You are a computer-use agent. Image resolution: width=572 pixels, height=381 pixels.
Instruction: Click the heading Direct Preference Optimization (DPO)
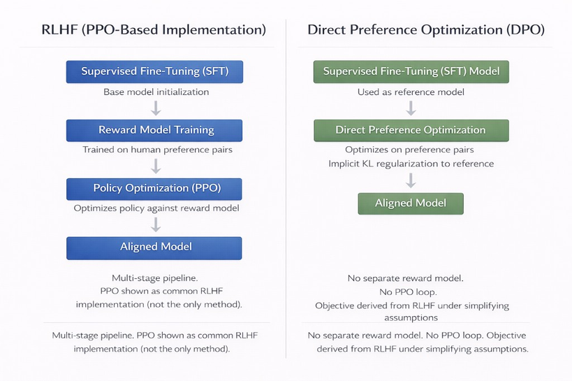(426, 30)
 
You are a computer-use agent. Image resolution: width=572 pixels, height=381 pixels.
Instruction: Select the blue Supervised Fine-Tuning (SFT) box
(154, 71)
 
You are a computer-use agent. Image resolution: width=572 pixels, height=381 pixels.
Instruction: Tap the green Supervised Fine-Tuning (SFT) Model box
(411, 71)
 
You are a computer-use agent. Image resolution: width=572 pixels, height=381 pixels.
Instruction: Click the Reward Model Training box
(154, 130)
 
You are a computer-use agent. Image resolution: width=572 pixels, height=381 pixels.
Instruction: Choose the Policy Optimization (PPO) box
(154, 189)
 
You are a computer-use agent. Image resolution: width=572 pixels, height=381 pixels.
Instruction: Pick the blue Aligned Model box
(154, 247)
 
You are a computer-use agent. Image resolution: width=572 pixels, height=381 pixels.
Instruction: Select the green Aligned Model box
(411, 203)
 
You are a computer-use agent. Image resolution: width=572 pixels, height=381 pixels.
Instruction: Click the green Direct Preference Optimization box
(411, 130)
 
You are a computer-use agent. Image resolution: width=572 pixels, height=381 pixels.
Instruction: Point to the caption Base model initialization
(156, 92)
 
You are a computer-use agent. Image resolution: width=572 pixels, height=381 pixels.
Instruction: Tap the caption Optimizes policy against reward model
(156, 208)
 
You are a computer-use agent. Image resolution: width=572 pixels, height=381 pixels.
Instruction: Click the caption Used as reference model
(411, 92)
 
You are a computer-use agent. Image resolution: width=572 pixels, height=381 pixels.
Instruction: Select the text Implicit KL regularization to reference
(411, 164)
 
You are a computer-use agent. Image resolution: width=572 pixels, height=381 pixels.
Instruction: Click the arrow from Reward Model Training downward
(156, 166)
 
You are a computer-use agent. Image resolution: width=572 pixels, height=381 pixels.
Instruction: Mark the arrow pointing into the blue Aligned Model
(156, 224)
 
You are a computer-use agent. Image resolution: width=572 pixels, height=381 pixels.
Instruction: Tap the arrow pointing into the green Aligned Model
(411, 180)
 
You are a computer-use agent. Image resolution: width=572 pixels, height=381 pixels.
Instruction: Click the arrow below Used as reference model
(411, 108)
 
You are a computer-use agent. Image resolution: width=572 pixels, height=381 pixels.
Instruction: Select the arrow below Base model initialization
(156, 108)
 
